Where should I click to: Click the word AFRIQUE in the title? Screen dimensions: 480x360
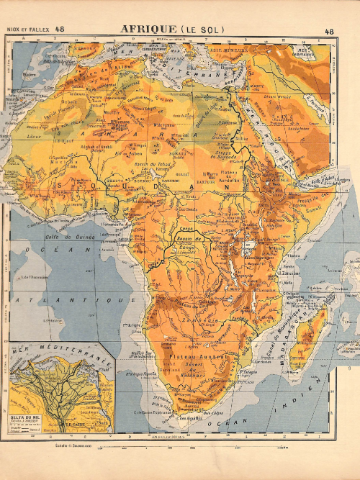[147, 29]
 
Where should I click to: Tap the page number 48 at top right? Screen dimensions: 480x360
[329, 31]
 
